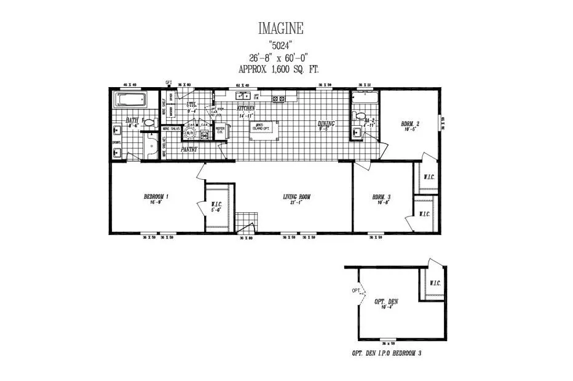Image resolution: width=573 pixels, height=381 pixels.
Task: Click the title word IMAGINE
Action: (x=280, y=28)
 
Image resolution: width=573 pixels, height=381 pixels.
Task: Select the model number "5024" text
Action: (x=280, y=44)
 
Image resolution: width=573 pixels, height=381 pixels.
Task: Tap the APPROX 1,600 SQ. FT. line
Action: (x=280, y=69)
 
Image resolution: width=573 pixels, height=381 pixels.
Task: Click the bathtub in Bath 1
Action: (x=129, y=100)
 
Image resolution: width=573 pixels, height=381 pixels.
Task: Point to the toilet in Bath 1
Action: (x=148, y=123)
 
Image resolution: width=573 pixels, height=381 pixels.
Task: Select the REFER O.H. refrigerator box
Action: (x=220, y=129)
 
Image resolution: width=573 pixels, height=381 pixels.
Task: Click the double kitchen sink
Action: (x=243, y=96)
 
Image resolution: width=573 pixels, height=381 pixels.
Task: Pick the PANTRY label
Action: (x=189, y=149)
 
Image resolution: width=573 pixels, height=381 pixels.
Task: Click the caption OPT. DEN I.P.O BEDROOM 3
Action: (x=387, y=354)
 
